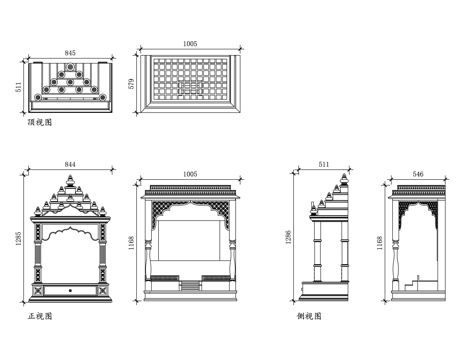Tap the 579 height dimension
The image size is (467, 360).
[130, 85]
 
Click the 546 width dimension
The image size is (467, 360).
[418, 175]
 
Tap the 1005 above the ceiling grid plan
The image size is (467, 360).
[190, 44]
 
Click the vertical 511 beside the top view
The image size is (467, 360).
[18, 85]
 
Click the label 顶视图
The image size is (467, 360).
[40, 122]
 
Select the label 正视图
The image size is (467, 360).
[40, 316]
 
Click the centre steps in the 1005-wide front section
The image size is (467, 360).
[190, 287]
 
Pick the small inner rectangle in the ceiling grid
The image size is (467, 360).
[190, 87]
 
